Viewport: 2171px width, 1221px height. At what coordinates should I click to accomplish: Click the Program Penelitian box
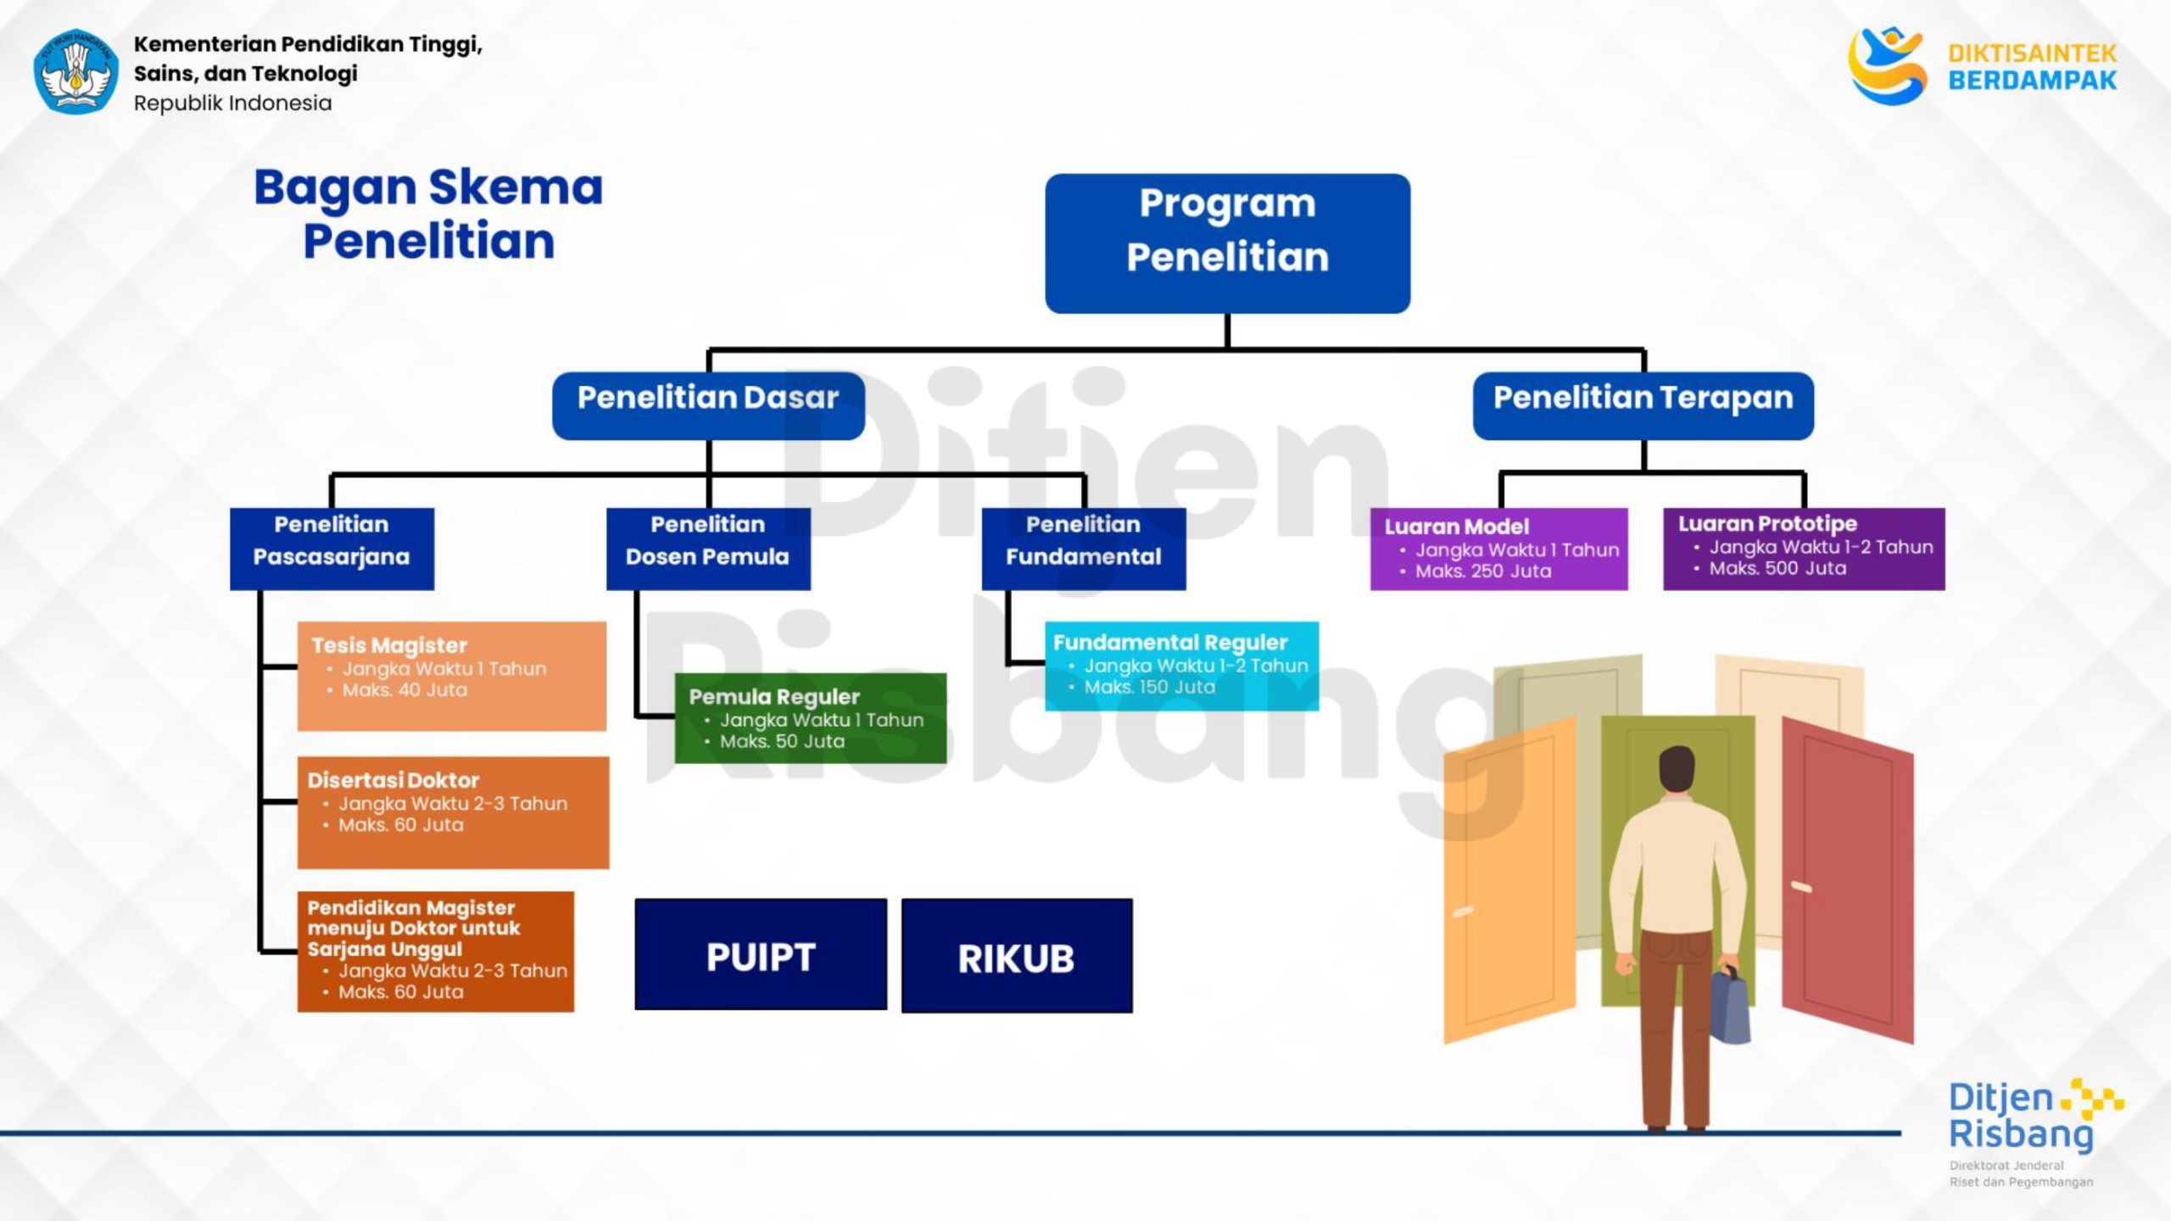(x=1227, y=243)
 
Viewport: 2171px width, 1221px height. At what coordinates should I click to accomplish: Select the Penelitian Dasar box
(x=708, y=405)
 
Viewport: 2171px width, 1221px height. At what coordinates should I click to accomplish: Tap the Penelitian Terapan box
(x=1643, y=405)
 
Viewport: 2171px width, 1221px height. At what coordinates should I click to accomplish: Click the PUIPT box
(x=761, y=955)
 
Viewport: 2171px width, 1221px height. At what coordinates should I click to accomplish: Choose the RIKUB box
(x=1017, y=956)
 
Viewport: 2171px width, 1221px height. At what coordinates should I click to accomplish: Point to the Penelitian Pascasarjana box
(x=332, y=549)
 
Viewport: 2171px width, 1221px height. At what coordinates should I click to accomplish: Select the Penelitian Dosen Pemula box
(x=708, y=549)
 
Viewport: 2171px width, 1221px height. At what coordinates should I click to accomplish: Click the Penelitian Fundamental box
(x=1084, y=549)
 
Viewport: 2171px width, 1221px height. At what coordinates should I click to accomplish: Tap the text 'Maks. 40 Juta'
(x=405, y=690)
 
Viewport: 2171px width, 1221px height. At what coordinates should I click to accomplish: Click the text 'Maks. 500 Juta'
(x=1778, y=569)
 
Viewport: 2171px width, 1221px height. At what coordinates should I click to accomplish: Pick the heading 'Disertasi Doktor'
(x=393, y=780)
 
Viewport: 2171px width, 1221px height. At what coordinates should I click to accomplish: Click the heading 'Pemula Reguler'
(x=774, y=697)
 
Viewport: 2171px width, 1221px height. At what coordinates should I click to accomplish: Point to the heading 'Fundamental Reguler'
(x=1170, y=643)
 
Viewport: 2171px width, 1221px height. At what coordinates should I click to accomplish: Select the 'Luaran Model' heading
(x=1456, y=527)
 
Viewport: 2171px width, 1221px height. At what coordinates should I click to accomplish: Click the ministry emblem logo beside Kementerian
(x=75, y=72)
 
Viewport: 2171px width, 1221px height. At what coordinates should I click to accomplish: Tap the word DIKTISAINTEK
(x=2032, y=53)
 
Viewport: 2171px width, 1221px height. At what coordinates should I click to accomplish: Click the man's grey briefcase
(x=1730, y=1009)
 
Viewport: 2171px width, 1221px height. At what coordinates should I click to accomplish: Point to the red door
(x=1849, y=882)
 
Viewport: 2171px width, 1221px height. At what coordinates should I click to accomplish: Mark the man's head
(x=1676, y=770)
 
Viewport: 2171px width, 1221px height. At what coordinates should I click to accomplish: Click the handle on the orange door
(x=1463, y=912)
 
